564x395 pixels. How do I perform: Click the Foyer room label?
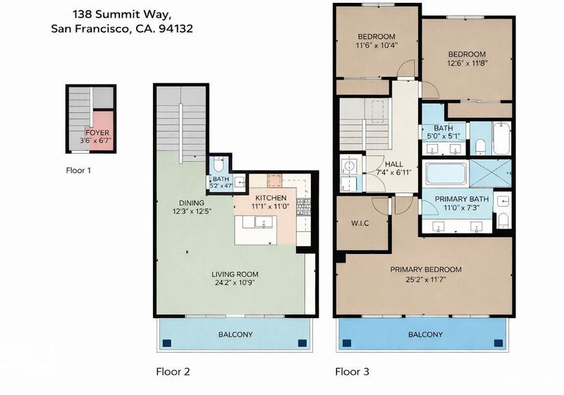click(97, 133)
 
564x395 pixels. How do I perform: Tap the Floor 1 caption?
click(78, 171)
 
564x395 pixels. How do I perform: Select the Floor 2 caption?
click(173, 372)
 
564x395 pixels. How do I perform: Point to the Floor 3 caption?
click(352, 372)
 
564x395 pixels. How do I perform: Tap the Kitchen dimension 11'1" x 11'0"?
click(271, 207)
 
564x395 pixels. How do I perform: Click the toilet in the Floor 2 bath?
click(219, 164)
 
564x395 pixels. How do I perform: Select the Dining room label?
click(192, 203)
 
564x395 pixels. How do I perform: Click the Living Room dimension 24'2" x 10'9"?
click(235, 283)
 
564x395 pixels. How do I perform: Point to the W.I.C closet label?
click(360, 224)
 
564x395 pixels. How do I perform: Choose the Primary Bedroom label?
click(426, 269)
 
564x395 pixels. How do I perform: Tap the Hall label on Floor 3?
click(394, 164)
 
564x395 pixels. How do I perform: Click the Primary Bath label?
click(462, 199)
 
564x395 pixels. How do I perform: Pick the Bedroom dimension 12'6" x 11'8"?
click(467, 63)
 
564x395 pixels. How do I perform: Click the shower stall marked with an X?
click(491, 174)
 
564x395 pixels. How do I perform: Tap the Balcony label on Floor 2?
click(235, 334)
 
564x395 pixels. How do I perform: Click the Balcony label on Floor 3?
click(426, 334)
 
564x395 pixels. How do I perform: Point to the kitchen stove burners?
click(303, 207)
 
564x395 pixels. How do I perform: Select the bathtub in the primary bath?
click(446, 174)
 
